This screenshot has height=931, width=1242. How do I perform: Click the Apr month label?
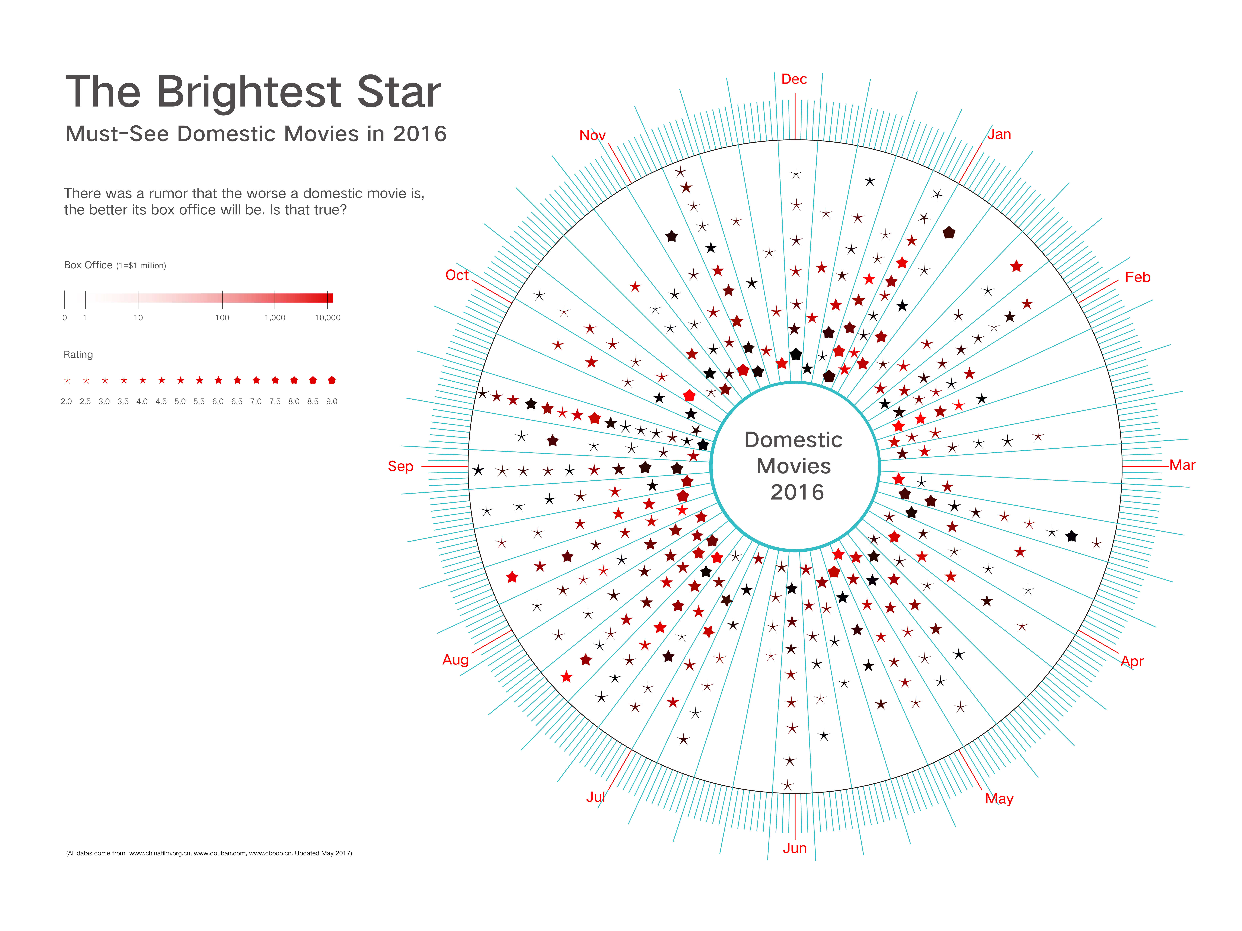point(1132,661)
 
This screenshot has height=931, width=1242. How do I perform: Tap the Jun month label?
point(794,848)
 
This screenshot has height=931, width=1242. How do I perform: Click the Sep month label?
point(400,466)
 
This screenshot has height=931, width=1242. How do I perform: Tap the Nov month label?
point(592,135)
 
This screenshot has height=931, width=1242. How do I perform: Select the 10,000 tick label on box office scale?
point(327,318)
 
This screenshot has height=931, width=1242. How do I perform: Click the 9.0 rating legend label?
point(332,401)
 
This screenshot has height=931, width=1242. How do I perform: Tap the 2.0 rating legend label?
point(66,401)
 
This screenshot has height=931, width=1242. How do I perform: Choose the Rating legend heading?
point(78,355)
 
